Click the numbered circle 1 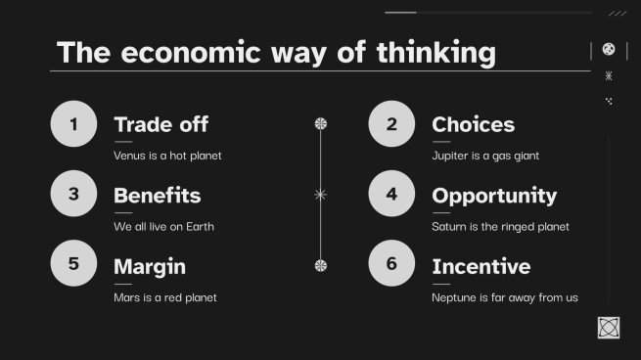click(74, 124)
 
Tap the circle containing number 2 click(391, 124)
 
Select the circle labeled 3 click(74, 194)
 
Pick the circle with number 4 click(391, 194)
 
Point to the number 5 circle click(74, 264)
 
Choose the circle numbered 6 click(391, 264)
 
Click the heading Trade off click(160, 124)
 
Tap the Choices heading click(473, 124)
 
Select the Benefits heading click(157, 195)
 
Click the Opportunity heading click(493, 195)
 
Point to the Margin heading click(149, 266)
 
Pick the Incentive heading click(481, 266)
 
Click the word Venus click(129, 156)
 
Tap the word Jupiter click(450, 156)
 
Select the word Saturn click(449, 227)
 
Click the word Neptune click(454, 297)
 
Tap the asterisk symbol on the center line click(320, 195)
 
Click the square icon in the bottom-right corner click(609, 328)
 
